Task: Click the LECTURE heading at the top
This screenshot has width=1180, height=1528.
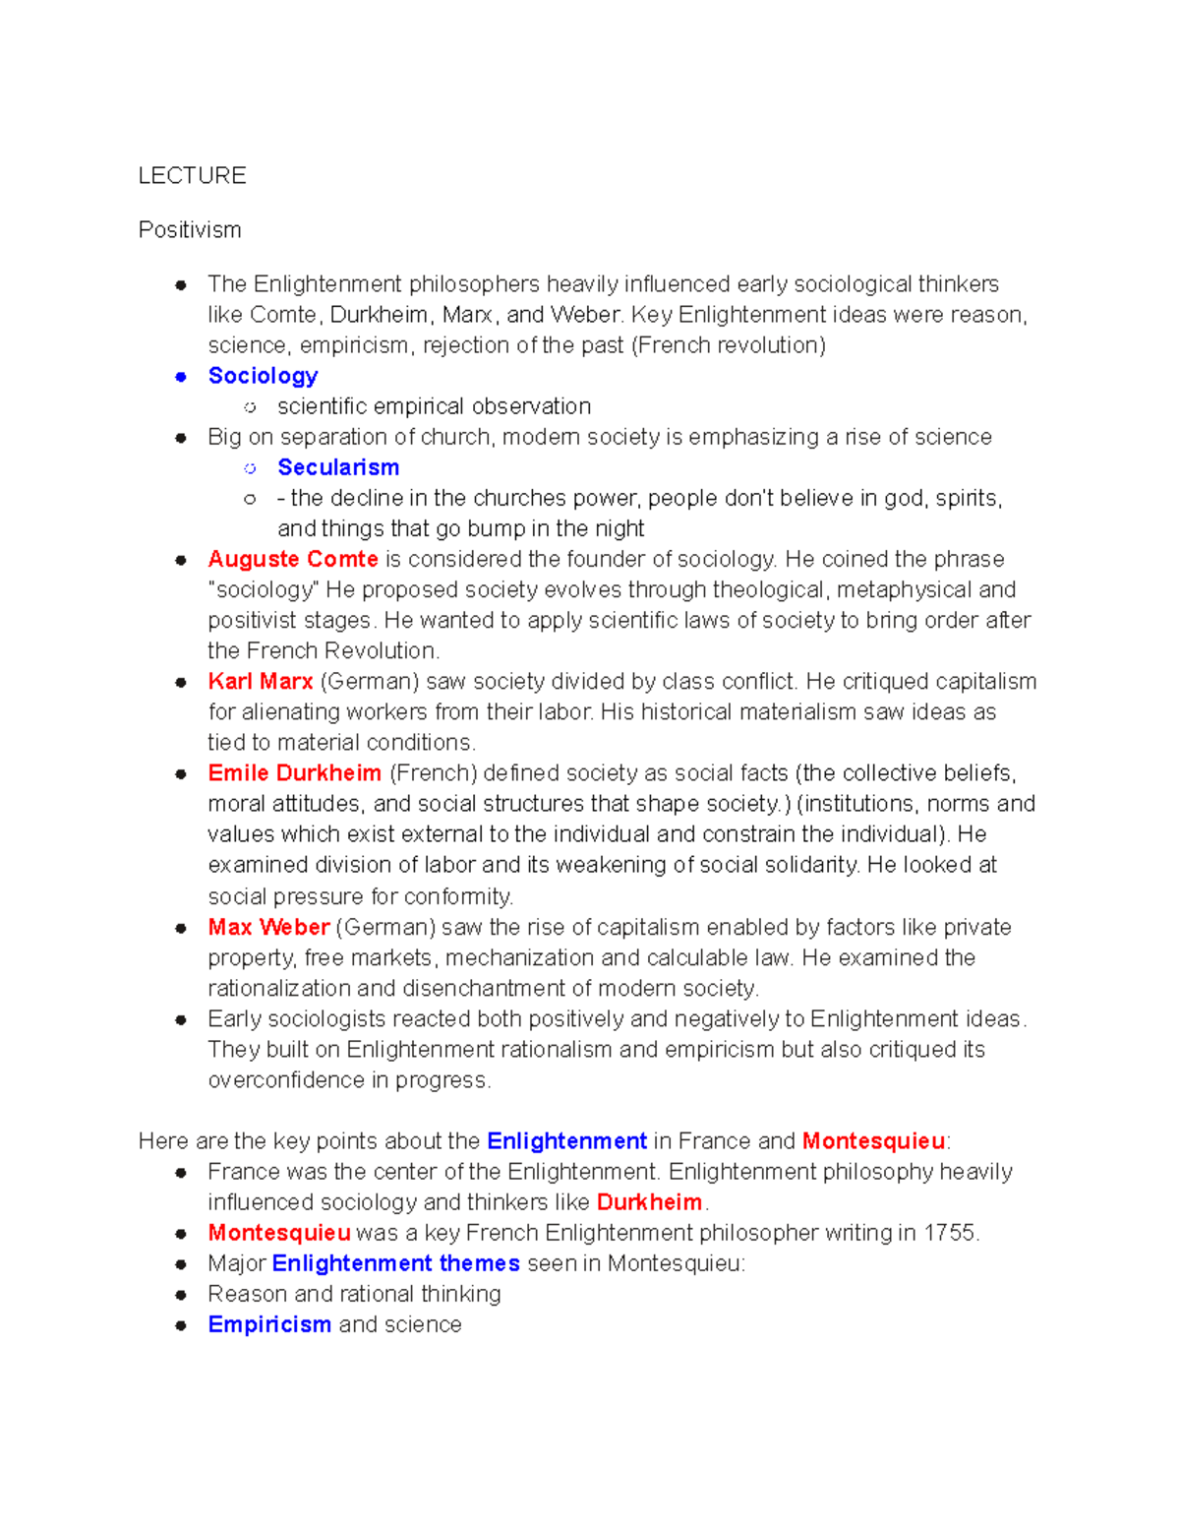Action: [x=192, y=176]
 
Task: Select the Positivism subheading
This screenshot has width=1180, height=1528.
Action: [x=190, y=230]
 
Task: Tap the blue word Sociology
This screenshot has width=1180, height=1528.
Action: [x=263, y=376]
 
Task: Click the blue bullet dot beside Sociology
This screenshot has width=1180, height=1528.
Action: [x=181, y=377]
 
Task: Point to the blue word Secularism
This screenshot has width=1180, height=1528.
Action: [x=338, y=467]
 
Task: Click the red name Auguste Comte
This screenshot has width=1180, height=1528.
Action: [x=293, y=559]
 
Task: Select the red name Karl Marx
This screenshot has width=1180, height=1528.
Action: [x=261, y=681]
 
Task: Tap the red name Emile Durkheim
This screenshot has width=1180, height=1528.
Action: [x=294, y=773]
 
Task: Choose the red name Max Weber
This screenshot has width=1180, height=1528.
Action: [x=268, y=927]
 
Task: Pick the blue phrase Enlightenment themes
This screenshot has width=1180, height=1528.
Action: [x=395, y=1263]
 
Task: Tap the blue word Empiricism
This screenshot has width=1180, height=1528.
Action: [x=269, y=1324]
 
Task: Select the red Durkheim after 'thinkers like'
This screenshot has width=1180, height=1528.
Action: [x=649, y=1202]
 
